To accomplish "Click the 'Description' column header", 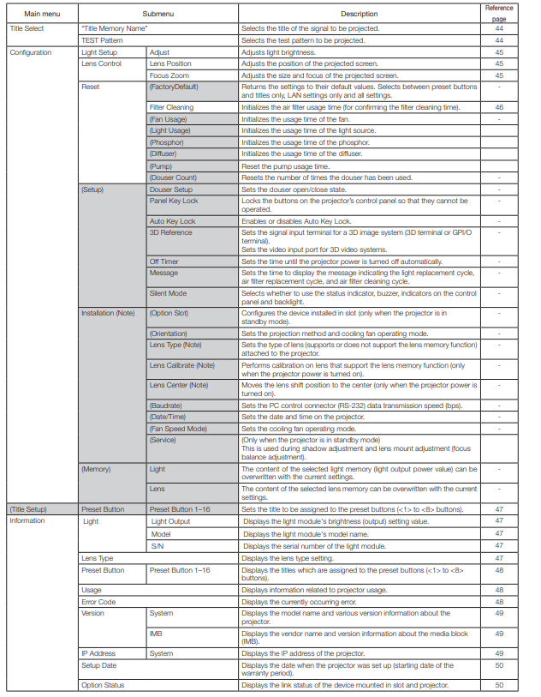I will (x=359, y=14).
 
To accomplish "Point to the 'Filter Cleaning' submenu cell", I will (x=172, y=108).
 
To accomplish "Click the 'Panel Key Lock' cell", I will (x=174, y=201).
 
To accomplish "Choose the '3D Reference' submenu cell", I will (x=171, y=232).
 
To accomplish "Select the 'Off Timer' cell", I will (x=164, y=261).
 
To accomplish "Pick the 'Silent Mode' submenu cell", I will (x=169, y=293).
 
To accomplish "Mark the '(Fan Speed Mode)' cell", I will (x=178, y=429).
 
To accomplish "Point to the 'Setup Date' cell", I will (x=99, y=665).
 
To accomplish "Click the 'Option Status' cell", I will (x=104, y=685).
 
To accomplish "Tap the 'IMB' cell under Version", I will (x=157, y=634).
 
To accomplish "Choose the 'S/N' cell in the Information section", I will (x=158, y=546).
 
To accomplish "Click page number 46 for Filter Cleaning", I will (x=499, y=108).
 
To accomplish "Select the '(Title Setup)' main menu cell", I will (x=29, y=508).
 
